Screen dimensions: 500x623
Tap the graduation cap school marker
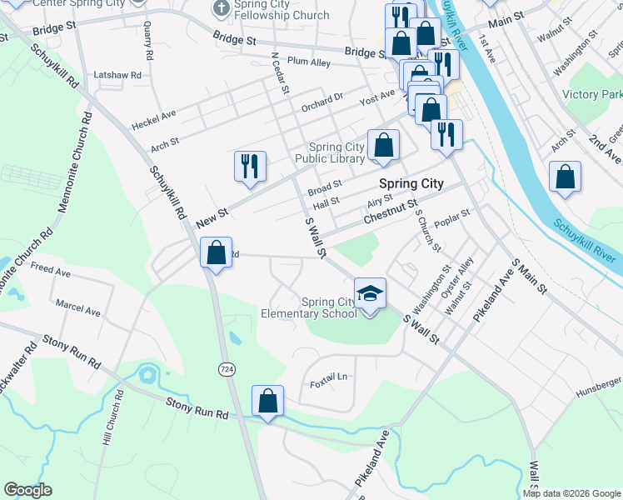click(x=371, y=294)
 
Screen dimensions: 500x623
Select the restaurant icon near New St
click(x=249, y=167)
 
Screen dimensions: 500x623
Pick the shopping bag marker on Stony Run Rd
click(x=267, y=402)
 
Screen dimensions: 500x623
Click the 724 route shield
click(x=226, y=368)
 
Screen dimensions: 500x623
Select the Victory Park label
click(x=592, y=94)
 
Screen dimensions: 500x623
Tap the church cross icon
click(x=221, y=8)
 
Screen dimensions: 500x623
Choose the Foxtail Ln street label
click(x=328, y=377)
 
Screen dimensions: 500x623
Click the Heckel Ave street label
click(x=154, y=120)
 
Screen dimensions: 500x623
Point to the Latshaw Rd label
click(x=117, y=75)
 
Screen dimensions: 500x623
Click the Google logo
click(x=27, y=490)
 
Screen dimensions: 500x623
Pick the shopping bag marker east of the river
click(x=565, y=177)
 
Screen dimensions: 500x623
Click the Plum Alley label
click(x=308, y=61)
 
